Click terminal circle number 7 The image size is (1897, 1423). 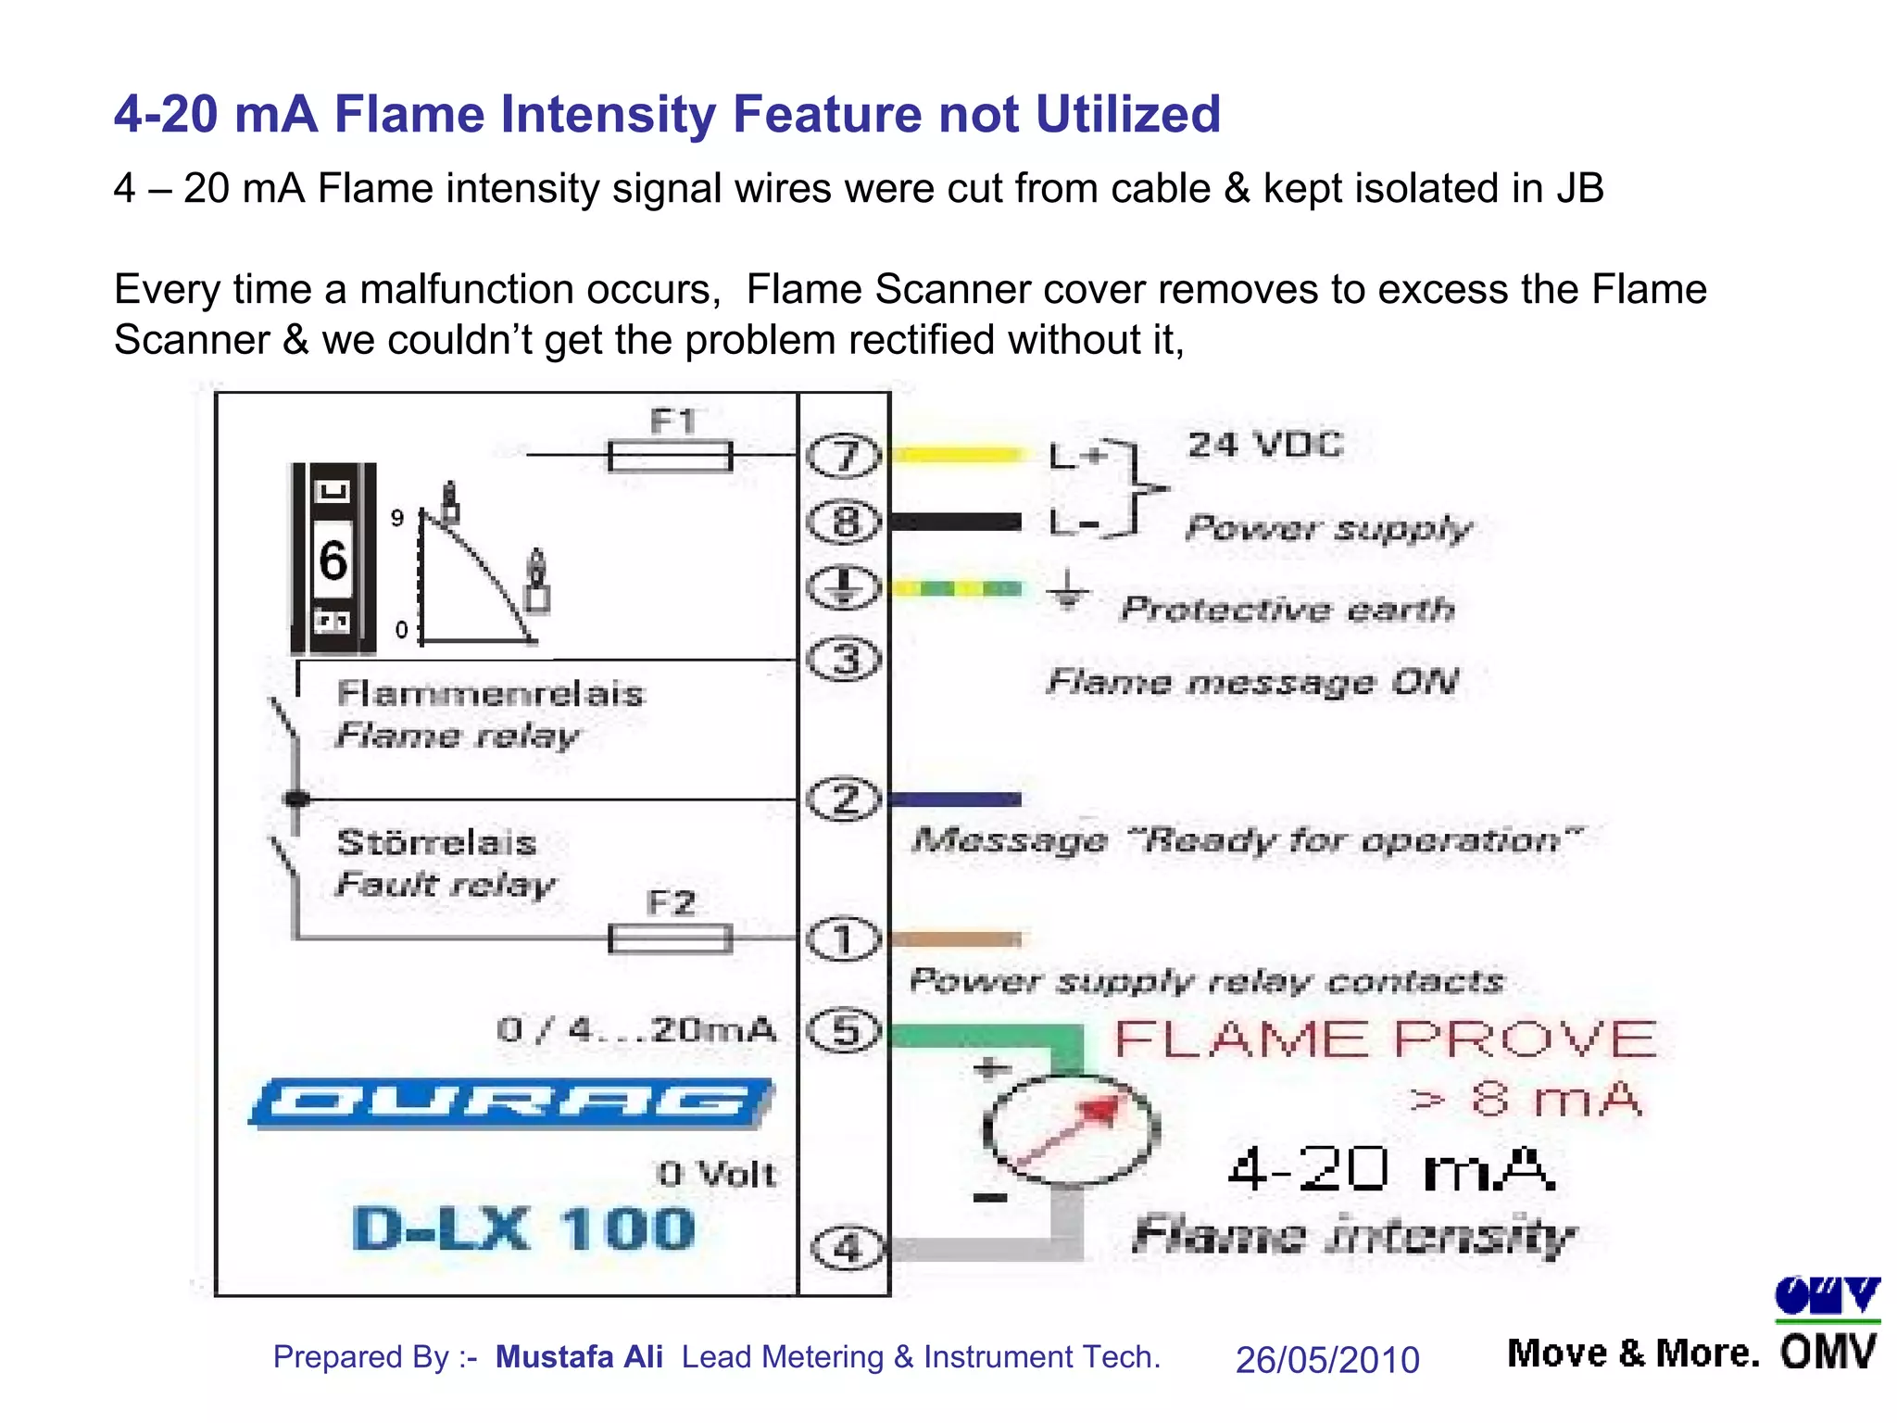(x=842, y=456)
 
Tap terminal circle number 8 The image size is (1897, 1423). (x=842, y=522)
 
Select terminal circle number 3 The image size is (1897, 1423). (x=842, y=661)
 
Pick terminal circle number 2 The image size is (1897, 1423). (x=842, y=799)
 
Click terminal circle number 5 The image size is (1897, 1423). (x=842, y=1031)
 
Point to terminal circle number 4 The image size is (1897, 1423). (x=846, y=1248)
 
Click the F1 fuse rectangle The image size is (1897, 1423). (x=670, y=456)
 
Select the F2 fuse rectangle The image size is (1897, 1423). (x=670, y=939)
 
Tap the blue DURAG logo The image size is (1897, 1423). (x=510, y=1102)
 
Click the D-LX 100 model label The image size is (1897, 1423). (x=523, y=1229)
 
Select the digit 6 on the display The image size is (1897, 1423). (x=333, y=560)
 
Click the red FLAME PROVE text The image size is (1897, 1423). (x=1385, y=1039)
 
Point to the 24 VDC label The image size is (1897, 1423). (x=1265, y=445)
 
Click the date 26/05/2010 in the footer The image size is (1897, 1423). (x=1326, y=1359)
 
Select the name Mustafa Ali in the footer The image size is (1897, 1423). (x=579, y=1356)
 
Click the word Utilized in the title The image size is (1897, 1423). (x=1127, y=114)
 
